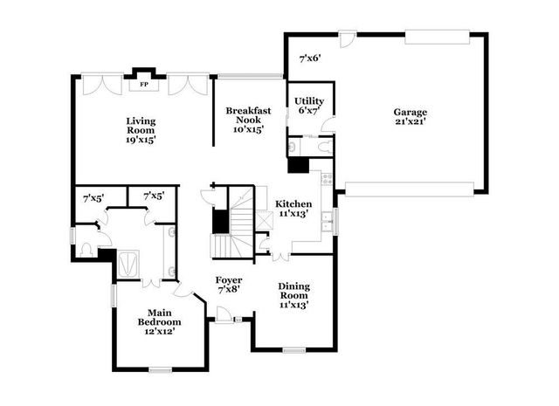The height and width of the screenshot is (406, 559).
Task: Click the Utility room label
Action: (310, 101)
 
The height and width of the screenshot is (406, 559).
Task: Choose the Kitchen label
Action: (293, 203)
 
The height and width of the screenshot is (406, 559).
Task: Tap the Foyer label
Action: (229, 279)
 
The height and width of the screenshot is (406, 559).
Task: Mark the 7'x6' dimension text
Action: (310, 59)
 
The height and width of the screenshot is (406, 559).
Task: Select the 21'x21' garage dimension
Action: (410, 121)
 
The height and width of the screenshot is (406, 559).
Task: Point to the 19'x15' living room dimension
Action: (141, 139)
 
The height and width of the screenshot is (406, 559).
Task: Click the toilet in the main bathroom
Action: (86, 249)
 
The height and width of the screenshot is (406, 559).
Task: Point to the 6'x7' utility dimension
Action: (310, 111)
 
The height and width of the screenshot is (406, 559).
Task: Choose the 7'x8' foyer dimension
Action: (229, 289)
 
